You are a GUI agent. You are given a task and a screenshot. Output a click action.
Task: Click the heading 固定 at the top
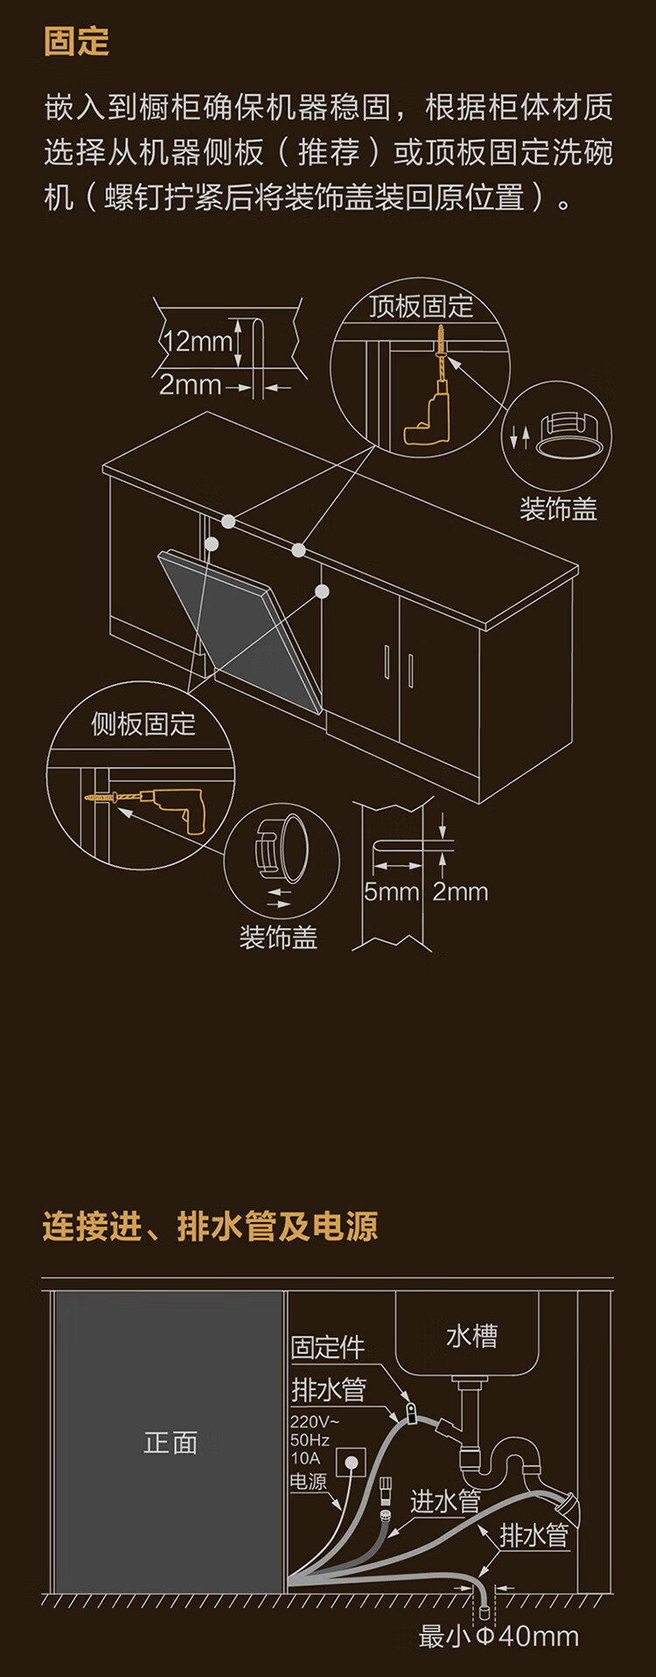pos(77,42)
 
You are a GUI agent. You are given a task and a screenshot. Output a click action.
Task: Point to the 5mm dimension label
pos(391,891)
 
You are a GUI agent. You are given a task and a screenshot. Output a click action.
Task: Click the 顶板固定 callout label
pos(420,306)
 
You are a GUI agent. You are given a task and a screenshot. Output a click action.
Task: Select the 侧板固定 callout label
pos(143,723)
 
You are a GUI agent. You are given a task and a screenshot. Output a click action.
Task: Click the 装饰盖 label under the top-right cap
pos(558,509)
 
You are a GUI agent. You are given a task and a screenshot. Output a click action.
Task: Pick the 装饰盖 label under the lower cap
pos(278,938)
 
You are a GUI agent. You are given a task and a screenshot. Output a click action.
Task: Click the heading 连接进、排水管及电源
pos(210,1226)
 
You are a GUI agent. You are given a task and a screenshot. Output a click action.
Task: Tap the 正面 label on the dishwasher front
pos(170,1442)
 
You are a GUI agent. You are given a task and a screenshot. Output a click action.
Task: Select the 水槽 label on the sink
pos(471,1336)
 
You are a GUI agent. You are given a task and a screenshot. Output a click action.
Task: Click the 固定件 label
pos(327,1347)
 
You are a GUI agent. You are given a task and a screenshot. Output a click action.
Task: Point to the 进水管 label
pos(445,1501)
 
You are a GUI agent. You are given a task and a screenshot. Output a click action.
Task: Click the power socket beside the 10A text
pos(352,1461)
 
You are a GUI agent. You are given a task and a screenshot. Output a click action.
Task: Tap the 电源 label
pos(308,1482)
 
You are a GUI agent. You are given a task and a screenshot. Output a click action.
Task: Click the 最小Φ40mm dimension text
pos(499,1637)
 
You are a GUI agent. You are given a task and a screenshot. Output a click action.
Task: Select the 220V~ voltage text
pos(313,1422)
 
